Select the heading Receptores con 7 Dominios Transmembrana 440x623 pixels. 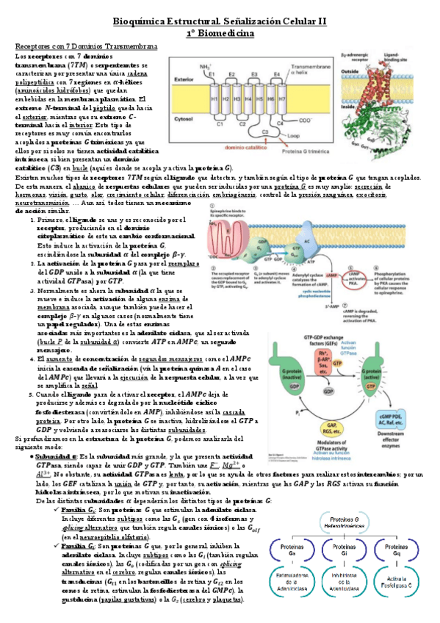[85, 46]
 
